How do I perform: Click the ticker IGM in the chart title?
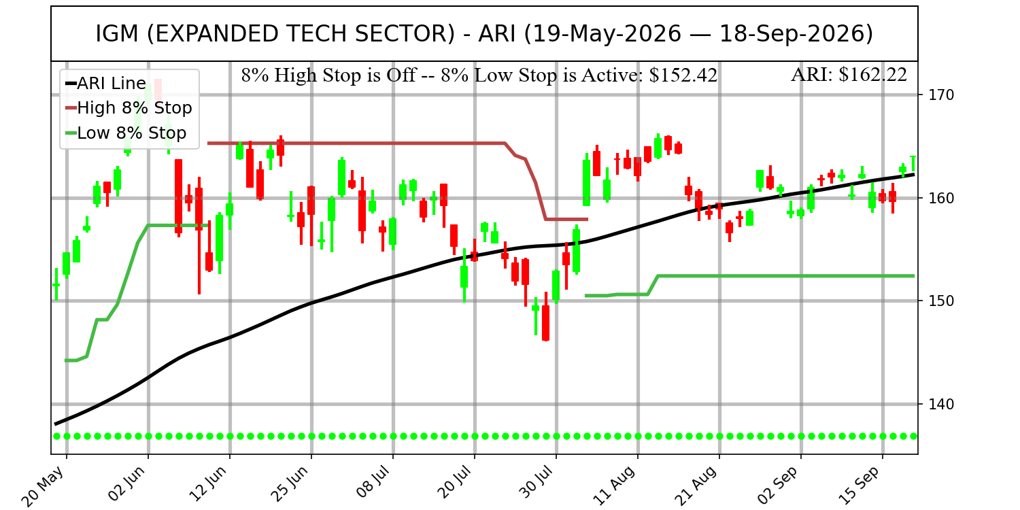(x=116, y=34)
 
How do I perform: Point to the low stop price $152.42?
(x=683, y=75)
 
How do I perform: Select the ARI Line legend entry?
(x=105, y=84)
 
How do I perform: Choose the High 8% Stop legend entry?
(x=129, y=108)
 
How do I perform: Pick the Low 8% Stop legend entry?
(x=126, y=133)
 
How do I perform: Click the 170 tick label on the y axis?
(x=938, y=95)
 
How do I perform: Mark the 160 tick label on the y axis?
(x=938, y=198)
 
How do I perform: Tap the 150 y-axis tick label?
(x=938, y=301)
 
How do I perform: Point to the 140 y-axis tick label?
(x=938, y=404)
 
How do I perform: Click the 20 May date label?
(x=44, y=486)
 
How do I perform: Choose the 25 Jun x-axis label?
(x=290, y=483)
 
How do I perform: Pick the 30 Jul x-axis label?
(x=537, y=483)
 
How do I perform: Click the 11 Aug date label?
(x=615, y=486)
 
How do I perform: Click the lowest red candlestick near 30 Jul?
(x=545, y=322)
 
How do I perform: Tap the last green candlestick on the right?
(x=913, y=163)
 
